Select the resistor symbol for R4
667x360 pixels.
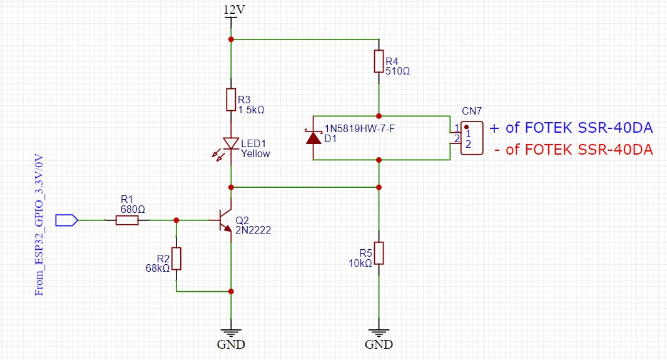pyautogui.click(x=379, y=61)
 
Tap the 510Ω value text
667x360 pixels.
pyautogui.click(x=397, y=71)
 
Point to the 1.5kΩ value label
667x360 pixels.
pyautogui.click(x=251, y=110)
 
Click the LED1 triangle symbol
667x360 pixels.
pyautogui.click(x=231, y=144)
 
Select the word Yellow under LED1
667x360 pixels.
pyautogui.click(x=255, y=154)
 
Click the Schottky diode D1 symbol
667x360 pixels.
pyautogui.click(x=313, y=137)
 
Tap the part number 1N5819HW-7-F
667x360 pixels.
pyautogui.click(x=359, y=129)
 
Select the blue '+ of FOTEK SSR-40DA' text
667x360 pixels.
pyautogui.click(x=571, y=128)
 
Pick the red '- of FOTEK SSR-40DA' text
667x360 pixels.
pyautogui.click(x=573, y=150)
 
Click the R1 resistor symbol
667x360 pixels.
pyautogui.click(x=127, y=220)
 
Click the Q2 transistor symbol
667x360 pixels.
pyautogui.click(x=225, y=220)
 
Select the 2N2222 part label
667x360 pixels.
pyautogui.click(x=253, y=230)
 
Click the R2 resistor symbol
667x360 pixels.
pyautogui.click(x=176, y=258)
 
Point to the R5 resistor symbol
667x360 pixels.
pyautogui.click(x=379, y=253)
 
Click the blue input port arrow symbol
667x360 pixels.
pyautogui.click(x=66, y=220)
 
